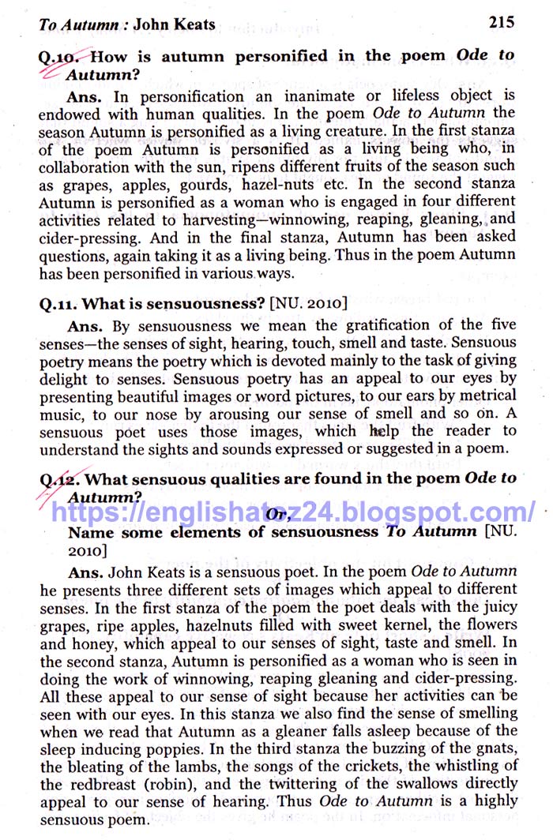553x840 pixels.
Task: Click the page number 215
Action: click(x=502, y=22)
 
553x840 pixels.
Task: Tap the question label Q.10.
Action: click(x=63, y=57)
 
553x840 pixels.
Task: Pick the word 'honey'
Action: click(x=96, y=644)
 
